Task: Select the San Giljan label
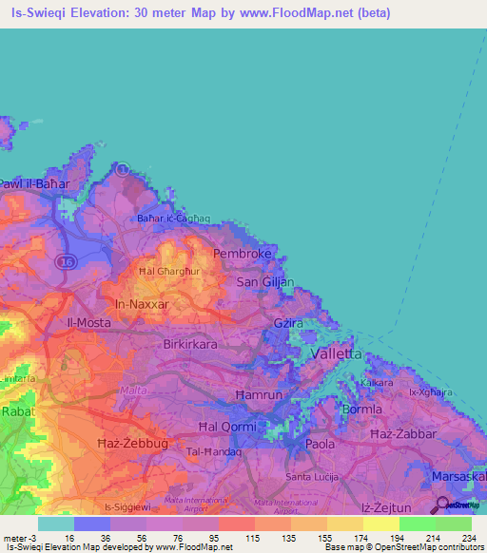click(265, 282)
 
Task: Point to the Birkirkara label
click(194, 344)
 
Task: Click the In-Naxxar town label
click(141, 304)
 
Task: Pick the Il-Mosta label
click(88, 323)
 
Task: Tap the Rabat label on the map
click(18, 412)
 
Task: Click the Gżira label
click(288, 324)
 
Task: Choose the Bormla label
click(361, 410)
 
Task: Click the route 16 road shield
click(65, 260)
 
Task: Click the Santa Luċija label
click(312, 477)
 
